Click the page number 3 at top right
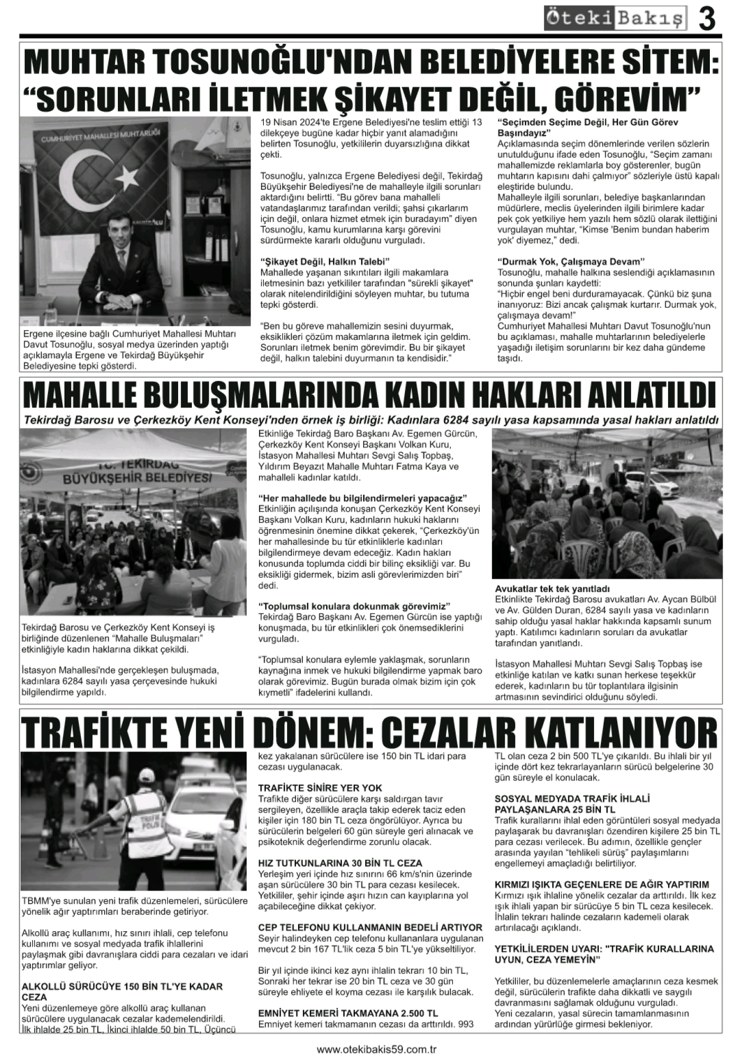[707, 19]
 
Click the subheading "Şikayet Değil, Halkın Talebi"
[325, 262]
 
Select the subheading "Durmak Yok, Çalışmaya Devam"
[571, 262]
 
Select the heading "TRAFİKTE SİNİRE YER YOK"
[320, 788]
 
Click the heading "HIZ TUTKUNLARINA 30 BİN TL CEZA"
[340, 863]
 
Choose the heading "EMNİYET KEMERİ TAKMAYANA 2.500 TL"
[348, 1013]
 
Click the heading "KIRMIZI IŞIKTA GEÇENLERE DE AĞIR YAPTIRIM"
[602, 885]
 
